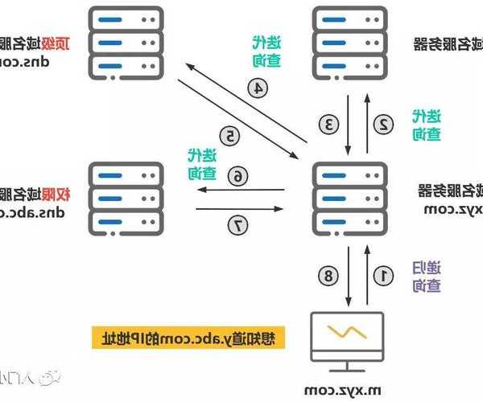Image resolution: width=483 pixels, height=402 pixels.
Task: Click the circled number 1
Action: click(x=384, y=276)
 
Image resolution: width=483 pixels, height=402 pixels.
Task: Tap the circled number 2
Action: click(x=384, y=124)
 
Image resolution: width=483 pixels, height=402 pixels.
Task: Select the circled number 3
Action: click(x=328, y=124)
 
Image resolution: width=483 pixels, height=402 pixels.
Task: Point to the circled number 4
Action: click(x=257, y=88)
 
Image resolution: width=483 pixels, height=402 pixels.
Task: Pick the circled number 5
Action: click(x=229, y=136)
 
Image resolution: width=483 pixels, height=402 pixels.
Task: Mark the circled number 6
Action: click(x=237, y=175)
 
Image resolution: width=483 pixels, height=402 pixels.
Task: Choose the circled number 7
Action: click(x=237, y=226)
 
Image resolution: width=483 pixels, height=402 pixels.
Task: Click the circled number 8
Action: click(x=328, y=276)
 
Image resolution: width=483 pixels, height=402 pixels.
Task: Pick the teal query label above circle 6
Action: click(x=201, y=163)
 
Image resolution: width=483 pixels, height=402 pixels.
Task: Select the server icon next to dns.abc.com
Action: click(x=126, y=197)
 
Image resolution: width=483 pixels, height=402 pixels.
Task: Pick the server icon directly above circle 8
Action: click(x=349, y=197)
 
